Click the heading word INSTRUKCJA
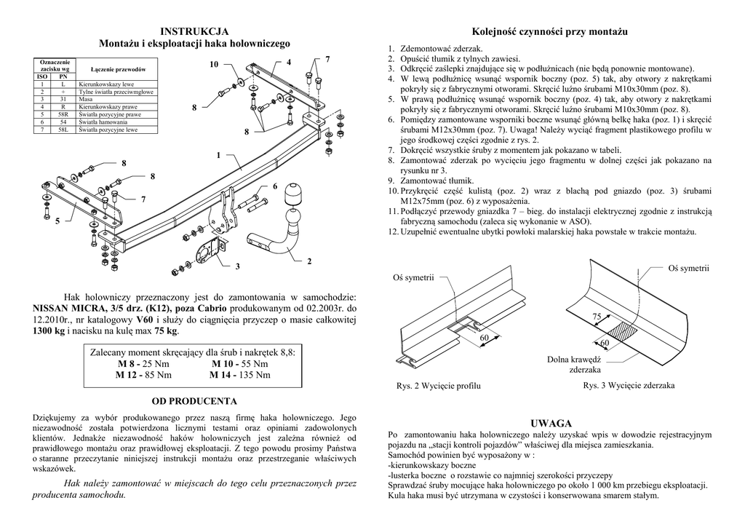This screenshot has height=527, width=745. pyautogui.click(x=194, y=31)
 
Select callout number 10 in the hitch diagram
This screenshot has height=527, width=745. pyautogui.click(x=214, y=65)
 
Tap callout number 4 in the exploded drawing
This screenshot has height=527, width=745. pyautogui.click(x=289, y=62)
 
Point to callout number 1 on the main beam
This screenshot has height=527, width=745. pyautogui.click(x=218, y=155)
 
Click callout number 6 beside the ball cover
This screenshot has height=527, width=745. pyautogui.click(x=275, y=187)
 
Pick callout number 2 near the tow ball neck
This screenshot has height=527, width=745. pyautogui.click(x=309, y=261)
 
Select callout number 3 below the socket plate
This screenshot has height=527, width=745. pyautogui.click(x=237, y=267)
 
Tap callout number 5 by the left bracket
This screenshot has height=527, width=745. pyautogui.click(x=57, y=221)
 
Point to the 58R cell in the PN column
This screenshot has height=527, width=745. pyautogui.click(x=63, y=114)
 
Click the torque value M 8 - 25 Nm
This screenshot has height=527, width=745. pyautogui.click(x=138, y=364)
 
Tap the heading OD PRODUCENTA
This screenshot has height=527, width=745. pyautogui.click(x=194, y=401)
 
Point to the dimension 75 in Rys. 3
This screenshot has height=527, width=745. pyautogui.click(x=597, y=317)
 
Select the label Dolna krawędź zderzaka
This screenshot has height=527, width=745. pyautogui.click(x=574, y=364)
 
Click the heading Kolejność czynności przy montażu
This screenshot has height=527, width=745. pyautogui.click(x=549, y=31)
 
